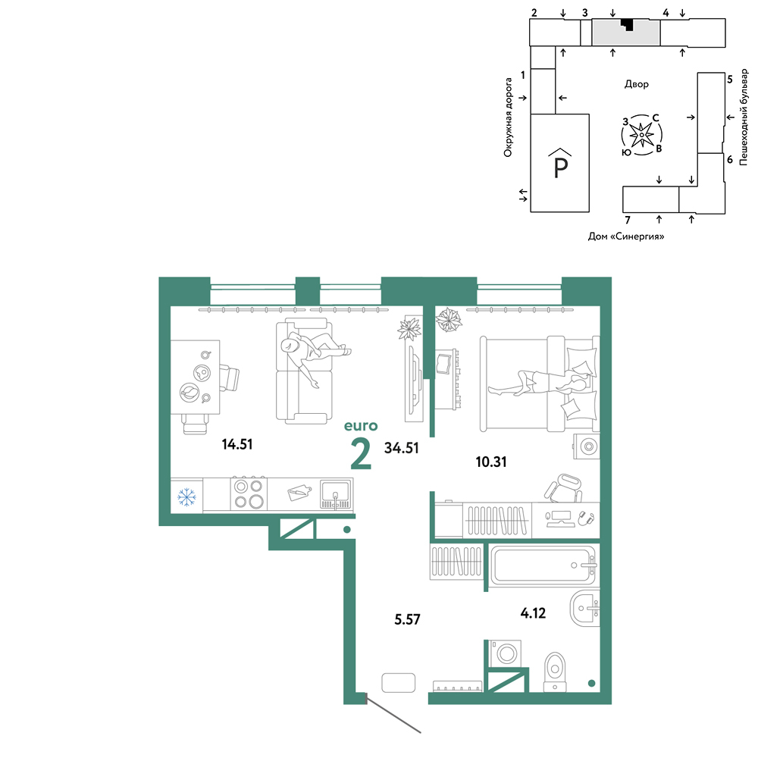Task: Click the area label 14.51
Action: click(236, 444)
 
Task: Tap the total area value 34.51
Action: click(401, 448)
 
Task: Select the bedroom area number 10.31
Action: click(491, 462)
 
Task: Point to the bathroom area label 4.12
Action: click(533, 613)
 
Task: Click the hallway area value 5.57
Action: click(407, 620)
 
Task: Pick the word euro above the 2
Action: click(361, 426)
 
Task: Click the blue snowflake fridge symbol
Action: click(186, 496)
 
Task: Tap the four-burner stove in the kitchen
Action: click(249, 494)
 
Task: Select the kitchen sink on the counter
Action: click(336, 494)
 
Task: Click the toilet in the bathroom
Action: click(555, 672)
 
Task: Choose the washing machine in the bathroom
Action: click(506, 653)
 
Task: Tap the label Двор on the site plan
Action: click(636, 84)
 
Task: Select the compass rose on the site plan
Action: click(641, 135)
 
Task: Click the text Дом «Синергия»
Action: click(625, 236)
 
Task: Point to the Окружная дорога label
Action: click(508, 117)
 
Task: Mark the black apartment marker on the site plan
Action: click(628, 24)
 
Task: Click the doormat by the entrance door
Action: click(399, 683)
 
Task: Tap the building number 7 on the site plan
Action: click(628, 221)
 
